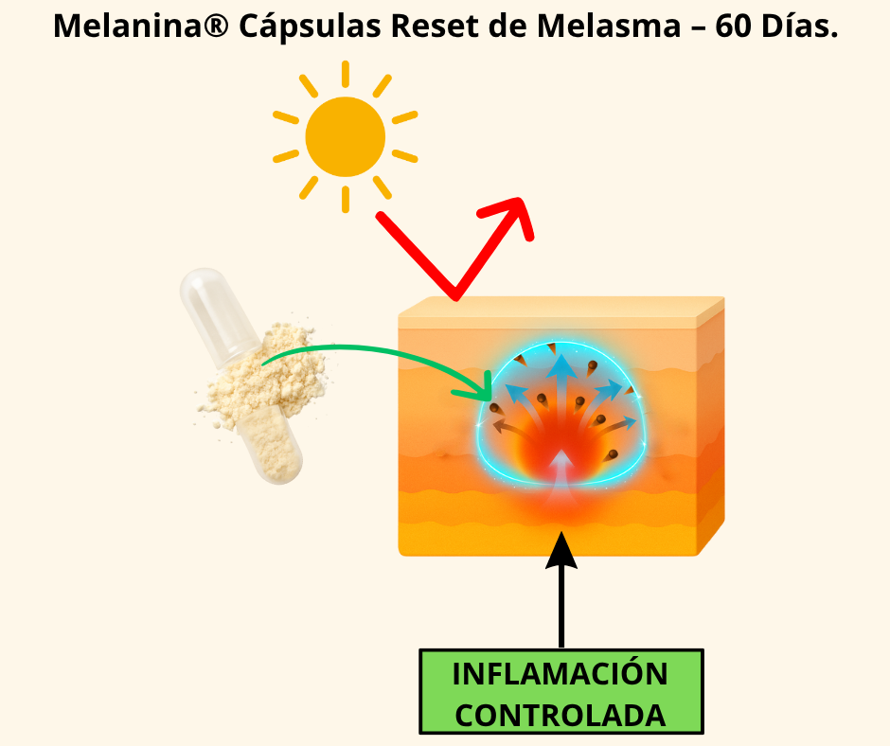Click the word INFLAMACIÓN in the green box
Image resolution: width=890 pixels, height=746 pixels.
click(x=561, y=675)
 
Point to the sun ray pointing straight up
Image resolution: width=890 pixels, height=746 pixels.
click(x=346, y=74)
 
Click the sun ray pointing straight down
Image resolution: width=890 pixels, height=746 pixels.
click(x=346, y=199)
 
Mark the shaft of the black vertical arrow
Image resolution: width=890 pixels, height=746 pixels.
click(x=561, y=606)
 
